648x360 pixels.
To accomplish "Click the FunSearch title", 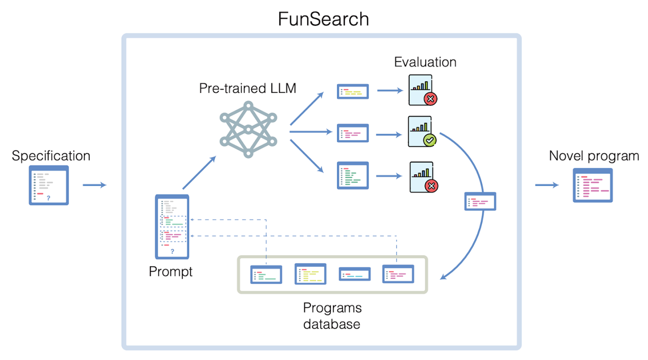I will pos(323,19).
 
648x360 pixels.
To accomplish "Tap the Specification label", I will pos(51,156).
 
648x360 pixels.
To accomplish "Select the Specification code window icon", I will pos(49,185).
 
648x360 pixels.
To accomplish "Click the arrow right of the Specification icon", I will pos(94,185).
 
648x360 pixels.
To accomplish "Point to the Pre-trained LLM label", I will pos(247,88).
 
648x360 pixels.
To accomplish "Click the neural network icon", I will pos(247,130).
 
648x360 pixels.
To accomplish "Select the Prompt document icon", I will pos(172,227).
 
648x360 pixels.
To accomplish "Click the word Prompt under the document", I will pos(171,271).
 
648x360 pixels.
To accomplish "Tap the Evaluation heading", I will pos(425,62).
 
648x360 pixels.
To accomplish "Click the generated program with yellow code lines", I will pos(353,91).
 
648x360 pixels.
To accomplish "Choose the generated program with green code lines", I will pos(353,175).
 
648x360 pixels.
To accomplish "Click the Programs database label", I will pos(332,315).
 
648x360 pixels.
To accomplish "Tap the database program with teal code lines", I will pos(354,274).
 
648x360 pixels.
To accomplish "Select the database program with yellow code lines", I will pos(310,274).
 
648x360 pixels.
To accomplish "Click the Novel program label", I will pos(594,156).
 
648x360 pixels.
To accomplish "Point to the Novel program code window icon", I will pos(593,185).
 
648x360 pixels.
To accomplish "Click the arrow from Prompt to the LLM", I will pos(199,173).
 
